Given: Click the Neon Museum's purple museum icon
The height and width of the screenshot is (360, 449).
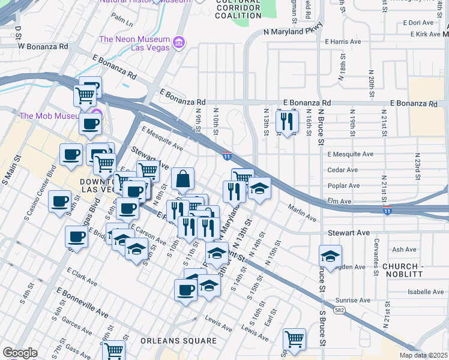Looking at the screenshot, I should click(x=178, y=43).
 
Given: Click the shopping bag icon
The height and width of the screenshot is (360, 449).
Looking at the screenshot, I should click(x=182, y=178).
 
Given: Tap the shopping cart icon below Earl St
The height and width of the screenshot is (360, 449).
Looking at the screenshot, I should click(x=294, y=339).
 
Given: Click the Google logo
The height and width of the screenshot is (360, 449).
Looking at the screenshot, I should click(x=20, y=352).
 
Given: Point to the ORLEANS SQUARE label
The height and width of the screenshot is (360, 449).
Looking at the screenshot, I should click(x=178, y=341).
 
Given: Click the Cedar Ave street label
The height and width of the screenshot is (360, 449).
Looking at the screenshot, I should click(x=343, y=170).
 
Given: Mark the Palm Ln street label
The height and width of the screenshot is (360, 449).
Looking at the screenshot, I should click(x=121, y=21).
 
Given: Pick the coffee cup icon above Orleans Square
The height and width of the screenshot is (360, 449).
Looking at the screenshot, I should click(x=185, y=290).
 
